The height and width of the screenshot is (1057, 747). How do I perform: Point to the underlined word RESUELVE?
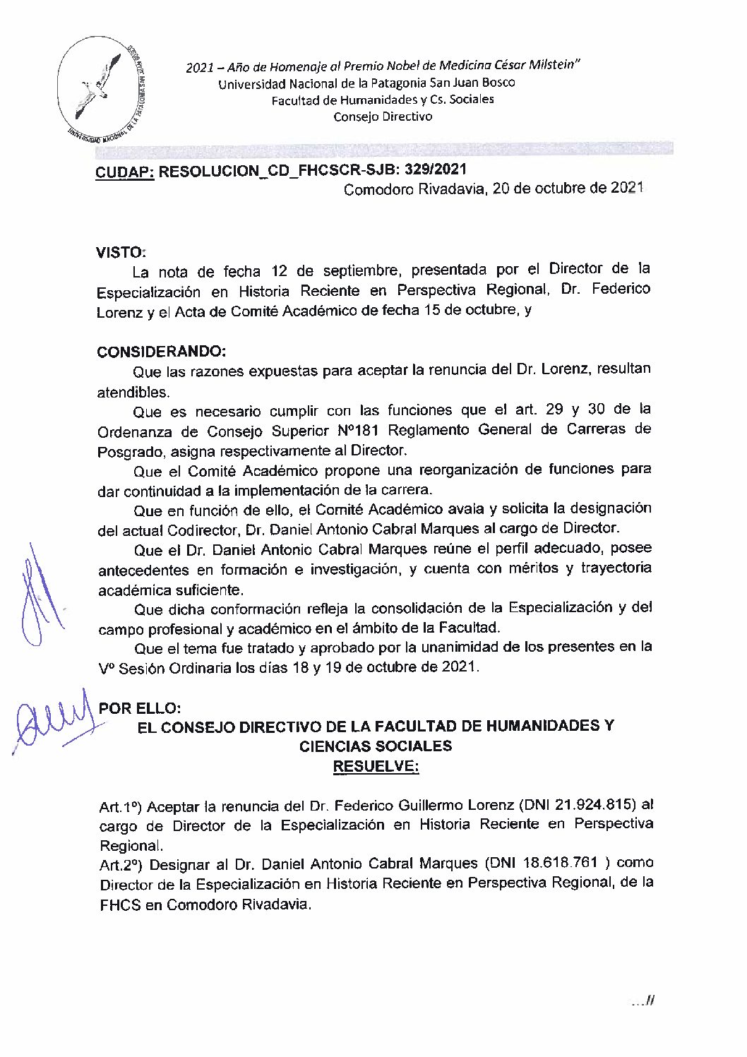pos(376,766)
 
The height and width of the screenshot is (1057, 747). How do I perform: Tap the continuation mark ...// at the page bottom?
pos(643,1001)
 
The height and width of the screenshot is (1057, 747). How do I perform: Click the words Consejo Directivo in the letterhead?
pos(383,117)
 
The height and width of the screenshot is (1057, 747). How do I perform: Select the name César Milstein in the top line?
pos(537,66)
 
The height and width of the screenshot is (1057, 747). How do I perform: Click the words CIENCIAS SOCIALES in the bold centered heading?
pos(376,746)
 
